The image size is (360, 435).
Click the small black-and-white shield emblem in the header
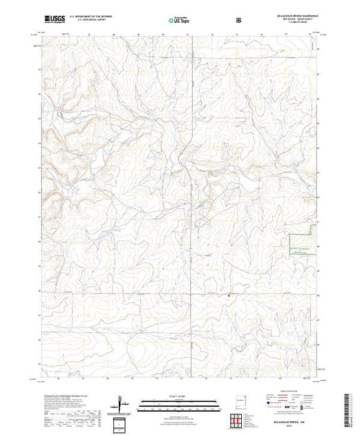(239, 20)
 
